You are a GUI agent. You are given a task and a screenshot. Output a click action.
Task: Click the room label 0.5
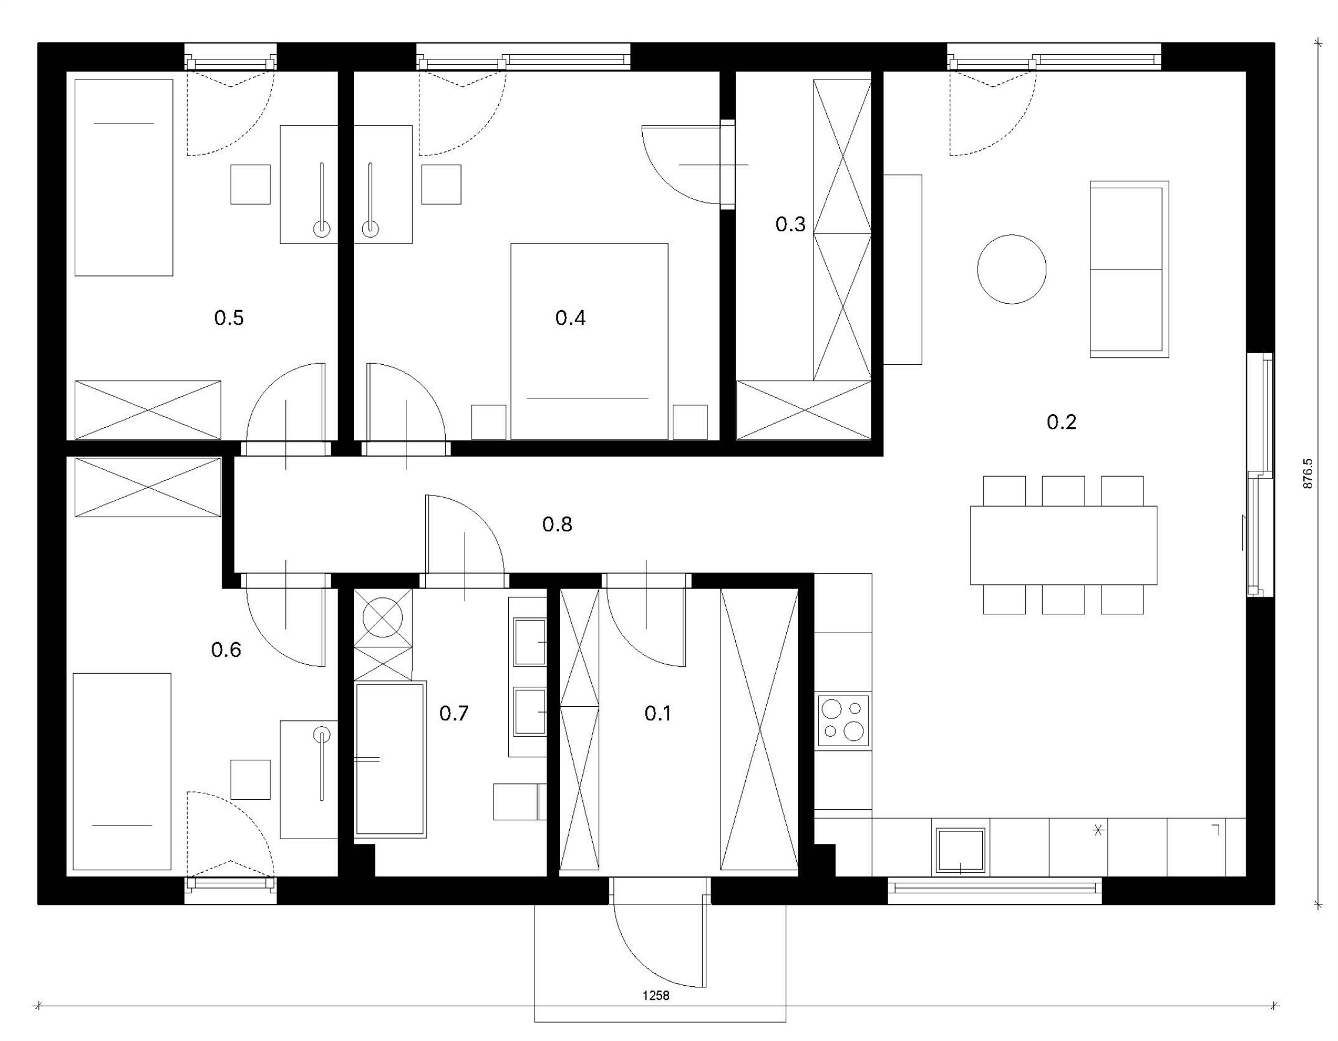pos(229,318)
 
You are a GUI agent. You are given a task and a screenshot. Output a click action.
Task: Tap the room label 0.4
pos(570,318)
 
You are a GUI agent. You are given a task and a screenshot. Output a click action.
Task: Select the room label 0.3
pos(790,224)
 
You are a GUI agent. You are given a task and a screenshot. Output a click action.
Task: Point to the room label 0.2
pos(1061,422)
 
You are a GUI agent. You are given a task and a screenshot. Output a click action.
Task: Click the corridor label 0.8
pos(557,524)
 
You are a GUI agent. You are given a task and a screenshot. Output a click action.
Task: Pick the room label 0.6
pos(226,649)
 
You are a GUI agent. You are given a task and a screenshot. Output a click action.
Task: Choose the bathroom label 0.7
pos(454,713)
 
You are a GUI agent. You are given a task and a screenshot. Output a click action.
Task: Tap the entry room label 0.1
pos(658,713)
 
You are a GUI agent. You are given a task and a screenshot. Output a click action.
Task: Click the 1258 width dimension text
pos(656,996)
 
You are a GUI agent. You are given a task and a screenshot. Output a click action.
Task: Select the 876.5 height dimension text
pos(1309,473)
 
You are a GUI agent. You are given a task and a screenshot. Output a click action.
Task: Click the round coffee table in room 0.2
pos(1012,269)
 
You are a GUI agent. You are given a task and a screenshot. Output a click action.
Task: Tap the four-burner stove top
pos(843,721)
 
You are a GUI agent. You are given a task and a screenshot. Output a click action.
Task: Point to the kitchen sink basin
pos(959,851)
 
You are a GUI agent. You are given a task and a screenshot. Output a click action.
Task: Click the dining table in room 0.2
pos(1063,545)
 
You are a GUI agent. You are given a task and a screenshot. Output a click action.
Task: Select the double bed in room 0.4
pos(589,341)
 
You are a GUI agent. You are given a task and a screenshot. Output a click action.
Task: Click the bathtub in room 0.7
pos(391,760)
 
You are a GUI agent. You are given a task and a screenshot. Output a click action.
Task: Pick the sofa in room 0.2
pos(1129,269)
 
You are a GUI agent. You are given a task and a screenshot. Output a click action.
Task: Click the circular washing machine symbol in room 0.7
pos(383,617)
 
